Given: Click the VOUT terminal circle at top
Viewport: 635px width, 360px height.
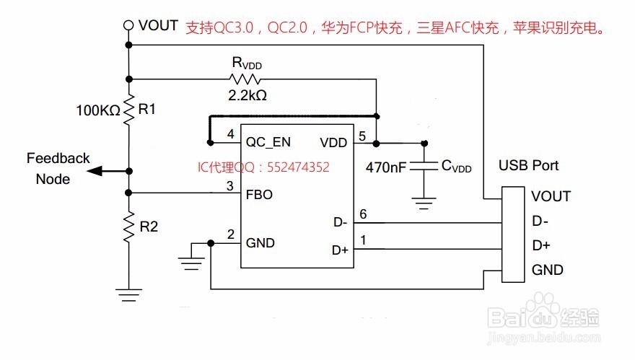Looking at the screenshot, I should click(128, 25).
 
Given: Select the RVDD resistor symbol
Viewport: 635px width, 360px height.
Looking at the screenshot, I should click(245, 78).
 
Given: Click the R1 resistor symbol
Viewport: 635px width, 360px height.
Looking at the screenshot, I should click(128, 110).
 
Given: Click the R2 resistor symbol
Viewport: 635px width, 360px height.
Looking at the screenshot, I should click(128, 227).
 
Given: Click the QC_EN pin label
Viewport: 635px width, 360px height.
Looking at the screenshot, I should click(268, 142).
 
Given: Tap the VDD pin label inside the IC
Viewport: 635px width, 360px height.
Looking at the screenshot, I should click(333, 142).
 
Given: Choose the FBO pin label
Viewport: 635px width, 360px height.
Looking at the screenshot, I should click(259, 194).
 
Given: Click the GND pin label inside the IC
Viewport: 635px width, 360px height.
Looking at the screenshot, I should click(260, 242).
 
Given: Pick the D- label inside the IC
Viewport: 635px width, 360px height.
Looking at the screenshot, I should click(339, 224).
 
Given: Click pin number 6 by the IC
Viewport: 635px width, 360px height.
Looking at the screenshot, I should click(363, 214).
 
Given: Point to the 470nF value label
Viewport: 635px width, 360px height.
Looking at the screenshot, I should click(387, 167).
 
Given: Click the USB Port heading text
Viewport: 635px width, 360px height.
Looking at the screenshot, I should click(530, 166).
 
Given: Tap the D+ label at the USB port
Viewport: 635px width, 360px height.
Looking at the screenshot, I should click(541, 246).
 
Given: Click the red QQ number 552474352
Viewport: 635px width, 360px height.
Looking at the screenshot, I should click(298, 167).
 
